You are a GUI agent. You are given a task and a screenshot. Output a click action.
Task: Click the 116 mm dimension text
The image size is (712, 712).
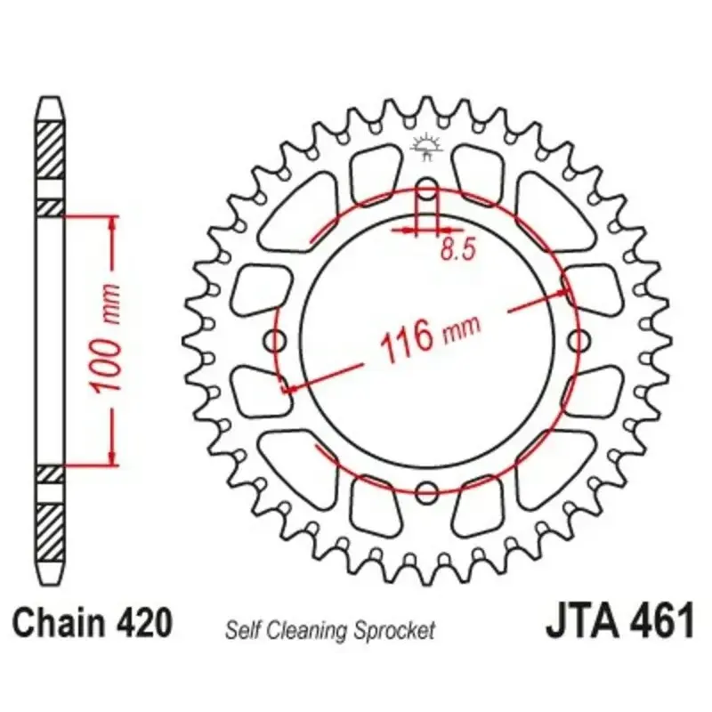430,337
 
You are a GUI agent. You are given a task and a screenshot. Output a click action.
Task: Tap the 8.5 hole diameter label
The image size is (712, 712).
458,249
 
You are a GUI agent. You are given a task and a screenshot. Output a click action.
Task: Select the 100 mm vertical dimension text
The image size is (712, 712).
106,339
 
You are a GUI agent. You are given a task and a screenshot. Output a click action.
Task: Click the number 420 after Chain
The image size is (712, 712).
144,623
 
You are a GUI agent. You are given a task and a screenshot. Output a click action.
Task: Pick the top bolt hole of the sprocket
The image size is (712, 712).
427,190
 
